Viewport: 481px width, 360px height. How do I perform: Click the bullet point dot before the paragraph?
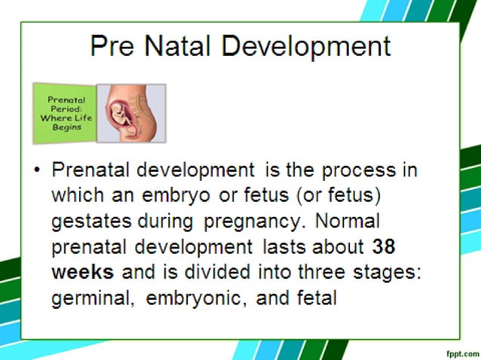(x=37, y=170)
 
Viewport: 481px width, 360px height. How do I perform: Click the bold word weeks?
(x=82, y=272)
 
